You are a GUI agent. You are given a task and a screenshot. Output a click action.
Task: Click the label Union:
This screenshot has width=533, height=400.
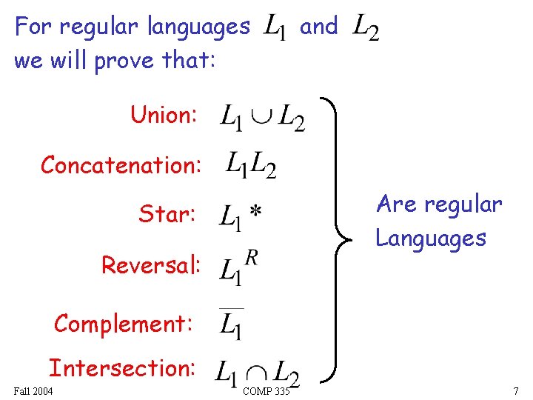pyautogui.click(x=164, y=116)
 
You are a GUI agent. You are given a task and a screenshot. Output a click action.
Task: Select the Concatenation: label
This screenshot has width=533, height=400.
pyautogui.click(x=120, y=165)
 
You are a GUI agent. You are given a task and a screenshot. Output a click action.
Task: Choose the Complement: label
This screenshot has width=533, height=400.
pyautogui.click(x=124, y=324)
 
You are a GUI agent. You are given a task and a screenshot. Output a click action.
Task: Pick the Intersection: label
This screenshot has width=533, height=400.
pyautogui.click(x=122, y=367)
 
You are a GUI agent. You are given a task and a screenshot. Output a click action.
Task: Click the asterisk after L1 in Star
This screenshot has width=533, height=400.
pyautogui.click(x=254, y=213)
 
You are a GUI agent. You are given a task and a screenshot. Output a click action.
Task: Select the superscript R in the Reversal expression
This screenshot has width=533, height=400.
pyautogui.click(x=252, y=257)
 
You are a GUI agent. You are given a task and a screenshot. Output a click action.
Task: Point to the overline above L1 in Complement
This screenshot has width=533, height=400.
pyautogui.click(x=231, y=309)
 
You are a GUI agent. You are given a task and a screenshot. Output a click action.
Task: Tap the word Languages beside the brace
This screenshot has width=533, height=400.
pyautogui.click(x=431, y=238)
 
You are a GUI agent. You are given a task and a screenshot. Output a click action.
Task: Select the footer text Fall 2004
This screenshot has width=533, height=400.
pyautogui.click(x=33, y=390)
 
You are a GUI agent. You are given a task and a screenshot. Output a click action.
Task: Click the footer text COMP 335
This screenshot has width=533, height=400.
pyautogui.click(x=266, y=390)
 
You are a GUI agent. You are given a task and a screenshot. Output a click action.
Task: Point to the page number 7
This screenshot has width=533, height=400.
pyautogui.click(x=516, y=390)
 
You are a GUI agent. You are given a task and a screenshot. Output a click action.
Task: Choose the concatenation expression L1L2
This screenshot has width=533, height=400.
pyautogui.click(x=251, y=165)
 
